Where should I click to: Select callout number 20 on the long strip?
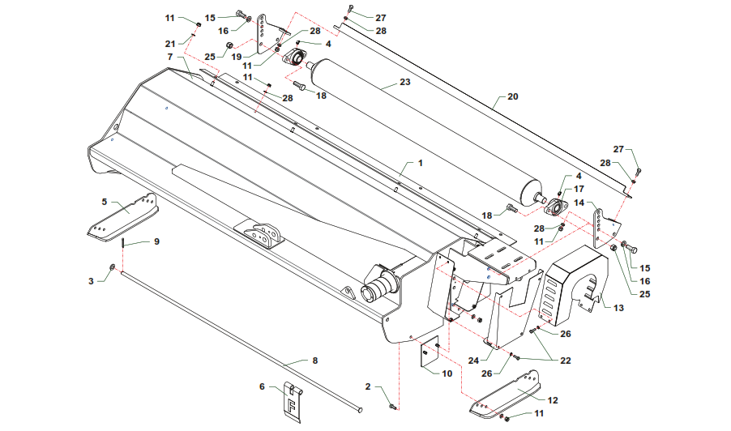click(x=511, y=96)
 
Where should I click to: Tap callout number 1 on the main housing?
click(x=421, y=163)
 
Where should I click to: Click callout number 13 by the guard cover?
click(x=620, y=308)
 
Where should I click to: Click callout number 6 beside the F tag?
click(x=262, y=387)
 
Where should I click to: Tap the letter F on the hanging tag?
click(x=288, y=401)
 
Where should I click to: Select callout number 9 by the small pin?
click(x=156, y=241)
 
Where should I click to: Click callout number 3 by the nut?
click(x=92, y=280)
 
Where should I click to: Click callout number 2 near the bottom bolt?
click(x=367, y=387)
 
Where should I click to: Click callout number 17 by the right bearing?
click(x=579, y=188)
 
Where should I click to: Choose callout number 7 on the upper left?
click(x=170, y=58)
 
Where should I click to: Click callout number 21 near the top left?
click(x=170, y=43)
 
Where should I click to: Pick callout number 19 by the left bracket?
click(x=236, y=57)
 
